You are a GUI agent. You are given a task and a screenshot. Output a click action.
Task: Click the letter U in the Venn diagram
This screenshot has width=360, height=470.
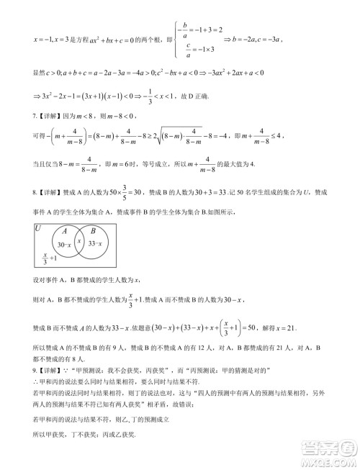pos(37,228)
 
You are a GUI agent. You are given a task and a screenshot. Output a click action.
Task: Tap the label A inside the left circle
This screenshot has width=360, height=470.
pos(65,232)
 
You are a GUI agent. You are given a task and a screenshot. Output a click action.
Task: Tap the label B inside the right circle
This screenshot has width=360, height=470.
pos(93,232)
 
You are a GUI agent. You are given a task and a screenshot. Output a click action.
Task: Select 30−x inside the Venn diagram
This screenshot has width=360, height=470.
pos(63,246)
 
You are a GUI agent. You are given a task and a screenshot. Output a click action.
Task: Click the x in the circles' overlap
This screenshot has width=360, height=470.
pos(80,240)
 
